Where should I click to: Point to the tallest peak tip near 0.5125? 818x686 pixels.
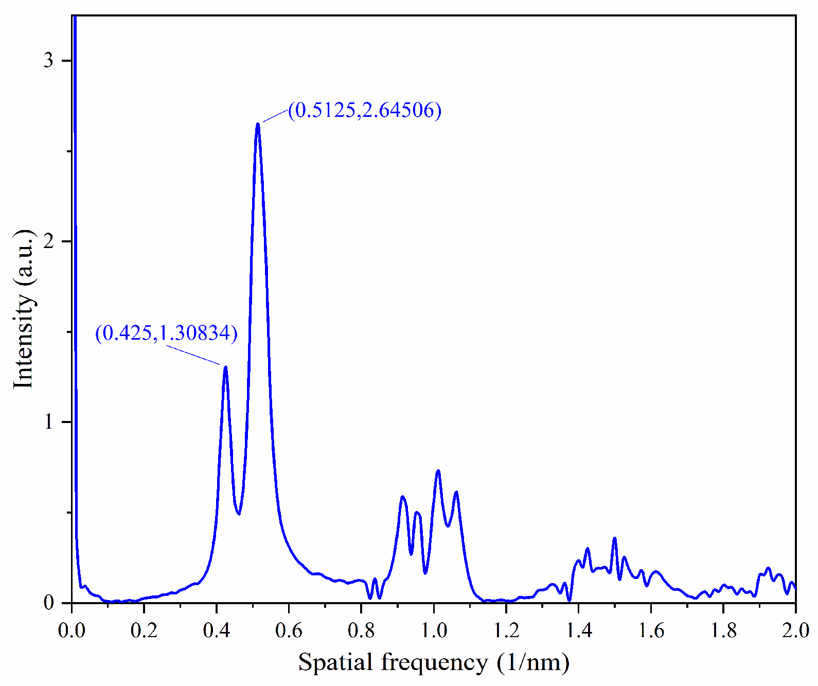pyautogui.click(x=258, y=124)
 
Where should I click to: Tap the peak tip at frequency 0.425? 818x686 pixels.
pyautogui.click(x=225, y=367)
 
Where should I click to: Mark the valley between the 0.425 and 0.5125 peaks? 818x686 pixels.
pyautogui.click(x=239, y=513)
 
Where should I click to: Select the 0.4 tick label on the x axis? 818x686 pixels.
pyautogui.click(x=217, y=630)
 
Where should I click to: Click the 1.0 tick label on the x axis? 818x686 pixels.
pyautogui.click(x=434, y=630)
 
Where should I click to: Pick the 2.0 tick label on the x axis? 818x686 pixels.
pyautogui.click(x=795, y=630)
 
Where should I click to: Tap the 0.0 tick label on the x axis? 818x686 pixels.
pyautogui.click(x=72, y=630)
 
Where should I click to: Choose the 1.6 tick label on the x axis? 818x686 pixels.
pyautogui.click(x=651, y=630)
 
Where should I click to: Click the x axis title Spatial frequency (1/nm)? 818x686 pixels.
pyautogui.click(x=434, y=662)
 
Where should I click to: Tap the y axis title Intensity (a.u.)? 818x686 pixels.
pyautogui.click(x=24, y=309)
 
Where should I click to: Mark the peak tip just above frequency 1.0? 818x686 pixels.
pyautogui.click(x=438, y=471)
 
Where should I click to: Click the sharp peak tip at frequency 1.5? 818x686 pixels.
pyautogui.click(x=614, y=538)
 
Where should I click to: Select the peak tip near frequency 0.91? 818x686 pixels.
pyautogui.click(x=402, y=497)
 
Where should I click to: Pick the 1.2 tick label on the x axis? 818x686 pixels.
pyautogui.click(x=506, y=630)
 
